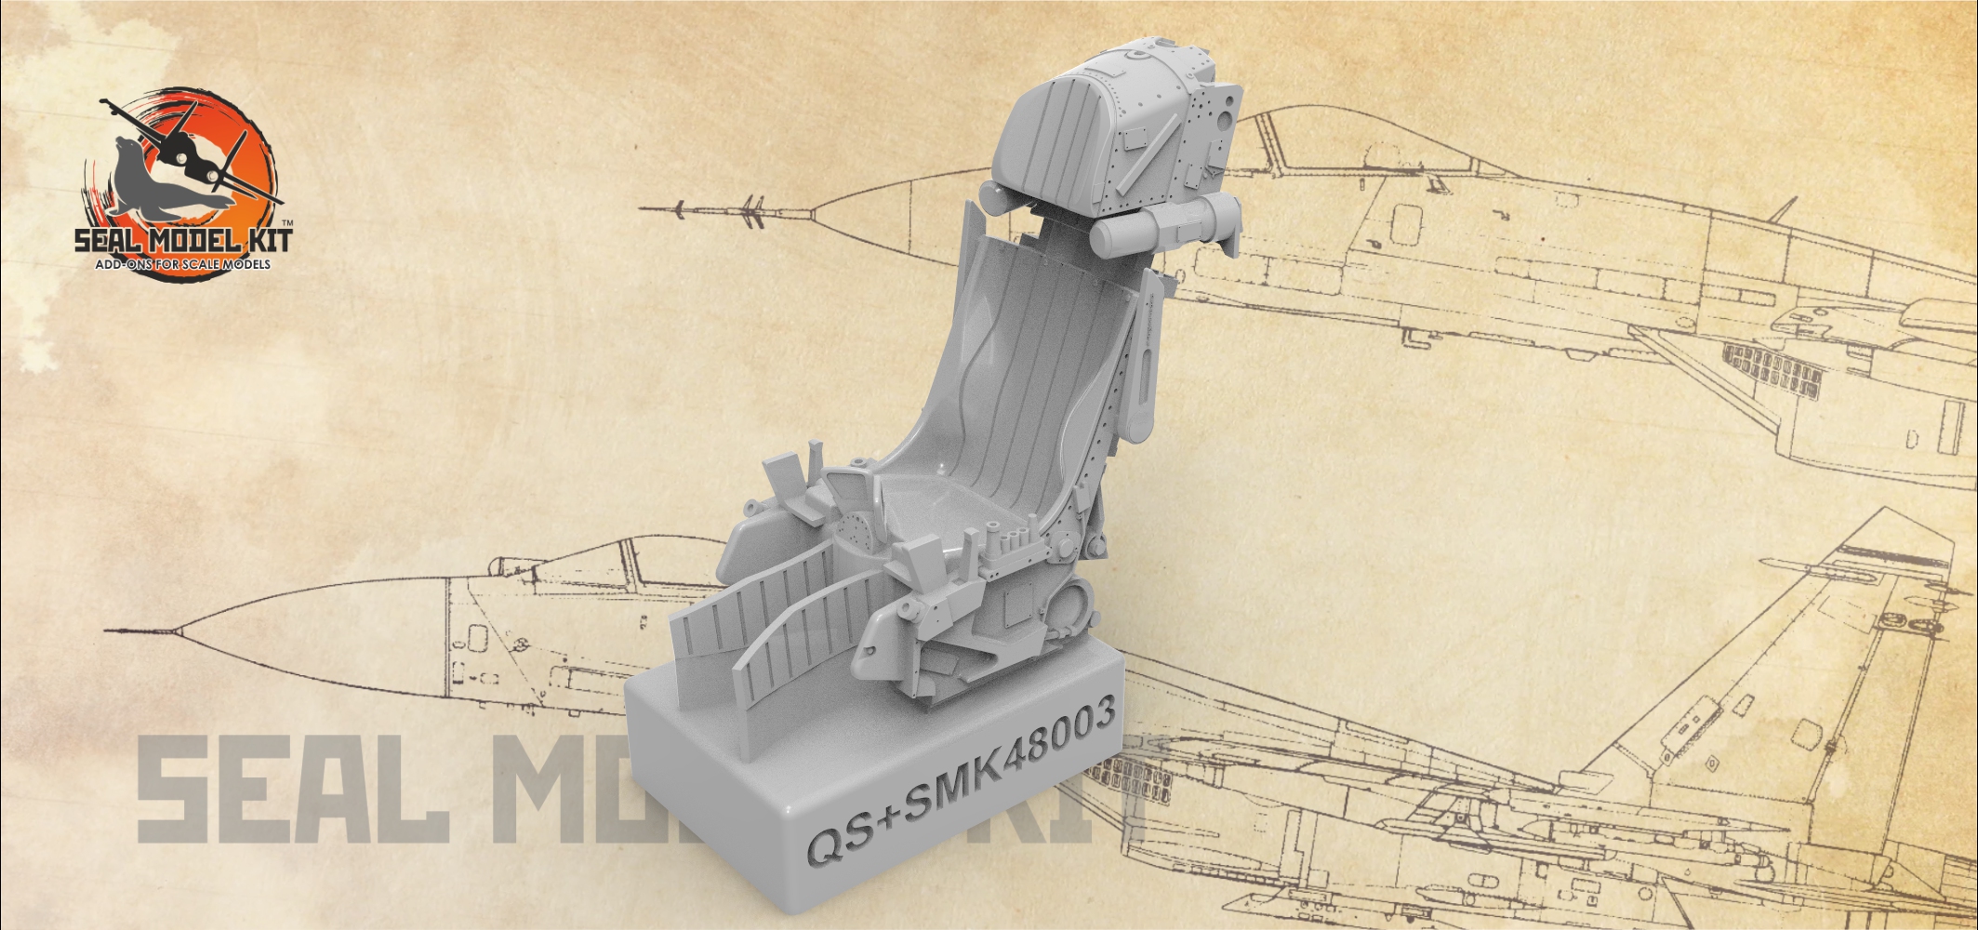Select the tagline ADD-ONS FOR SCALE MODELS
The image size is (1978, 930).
183,265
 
